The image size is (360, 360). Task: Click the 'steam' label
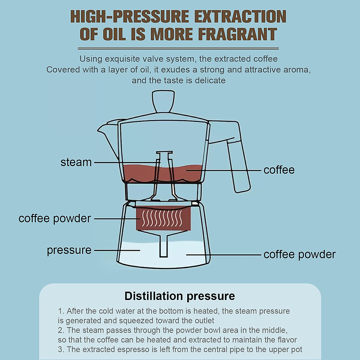tap(76, 162)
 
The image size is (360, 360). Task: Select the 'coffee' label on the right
tap(279, 170)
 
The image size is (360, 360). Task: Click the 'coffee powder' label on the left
tap(55, 218)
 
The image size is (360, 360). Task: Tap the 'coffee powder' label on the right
tap(299, 254)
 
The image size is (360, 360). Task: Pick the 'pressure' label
tap(69, 250)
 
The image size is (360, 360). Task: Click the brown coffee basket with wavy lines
tap(163, 218)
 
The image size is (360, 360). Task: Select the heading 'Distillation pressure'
tap(180, 296)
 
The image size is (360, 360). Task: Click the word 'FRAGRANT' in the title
tap(238, 34)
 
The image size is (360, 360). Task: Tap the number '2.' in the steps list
tap(61, 330)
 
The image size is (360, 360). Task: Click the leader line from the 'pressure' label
tap(117, 250)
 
